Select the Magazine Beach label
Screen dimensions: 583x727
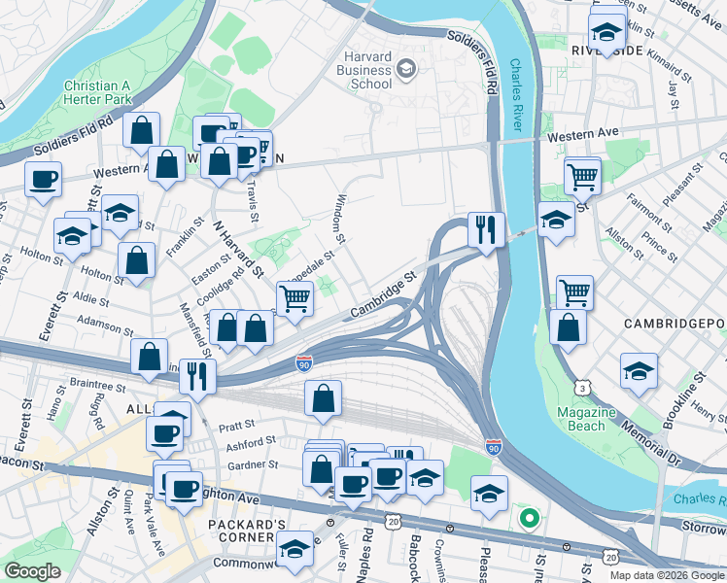pyautogui.click(x=586, y=419)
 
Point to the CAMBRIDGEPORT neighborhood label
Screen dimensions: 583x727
pyautogui.click(x=669, y=324)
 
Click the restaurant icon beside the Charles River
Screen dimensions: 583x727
pyautogui.click(x=486, y=230)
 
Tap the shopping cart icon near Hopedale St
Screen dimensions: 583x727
pyautogui.click(x=294, y=299)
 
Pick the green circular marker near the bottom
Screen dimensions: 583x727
pyautogui.click(x=529, y=519)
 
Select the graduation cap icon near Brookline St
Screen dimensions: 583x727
pyautogui.click(x=639, y=372)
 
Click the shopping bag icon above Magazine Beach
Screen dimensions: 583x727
pyautogui.click(x=567, y=327)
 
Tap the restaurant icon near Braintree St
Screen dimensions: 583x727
pyautogui.click(x=197, y=376)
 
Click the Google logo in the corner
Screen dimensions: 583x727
pyautogui.click(x=32, y=572)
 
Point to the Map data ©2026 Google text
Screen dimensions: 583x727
pyautogui.click(x=667, y=575)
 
